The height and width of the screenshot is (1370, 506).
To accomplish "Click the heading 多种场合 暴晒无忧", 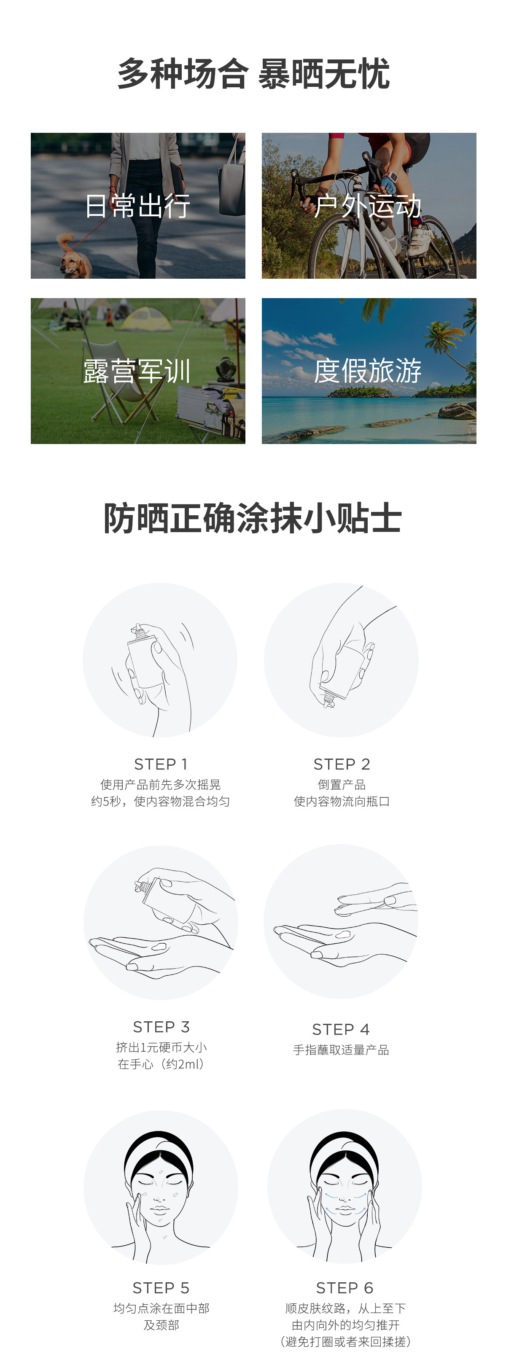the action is point(253,73).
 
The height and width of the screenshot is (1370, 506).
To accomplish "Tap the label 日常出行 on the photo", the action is point(138,206).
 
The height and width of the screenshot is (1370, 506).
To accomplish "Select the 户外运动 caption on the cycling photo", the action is point(368,206).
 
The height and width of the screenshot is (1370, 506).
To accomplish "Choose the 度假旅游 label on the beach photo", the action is point(368,371).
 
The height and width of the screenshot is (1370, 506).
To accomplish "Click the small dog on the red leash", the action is point(73,256).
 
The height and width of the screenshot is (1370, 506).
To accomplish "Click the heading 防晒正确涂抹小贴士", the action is point(253,518).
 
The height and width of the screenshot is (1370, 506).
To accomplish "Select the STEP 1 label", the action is point(161,764).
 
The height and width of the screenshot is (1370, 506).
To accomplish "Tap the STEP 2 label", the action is point(342,764).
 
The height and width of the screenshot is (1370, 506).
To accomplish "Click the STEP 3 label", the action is point(161,1027).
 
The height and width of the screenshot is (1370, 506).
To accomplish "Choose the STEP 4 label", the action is point(341,1030).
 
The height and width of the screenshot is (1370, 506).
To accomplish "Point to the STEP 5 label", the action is point(161,1288).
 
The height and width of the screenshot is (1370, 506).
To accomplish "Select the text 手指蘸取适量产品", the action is point(341,1050).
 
